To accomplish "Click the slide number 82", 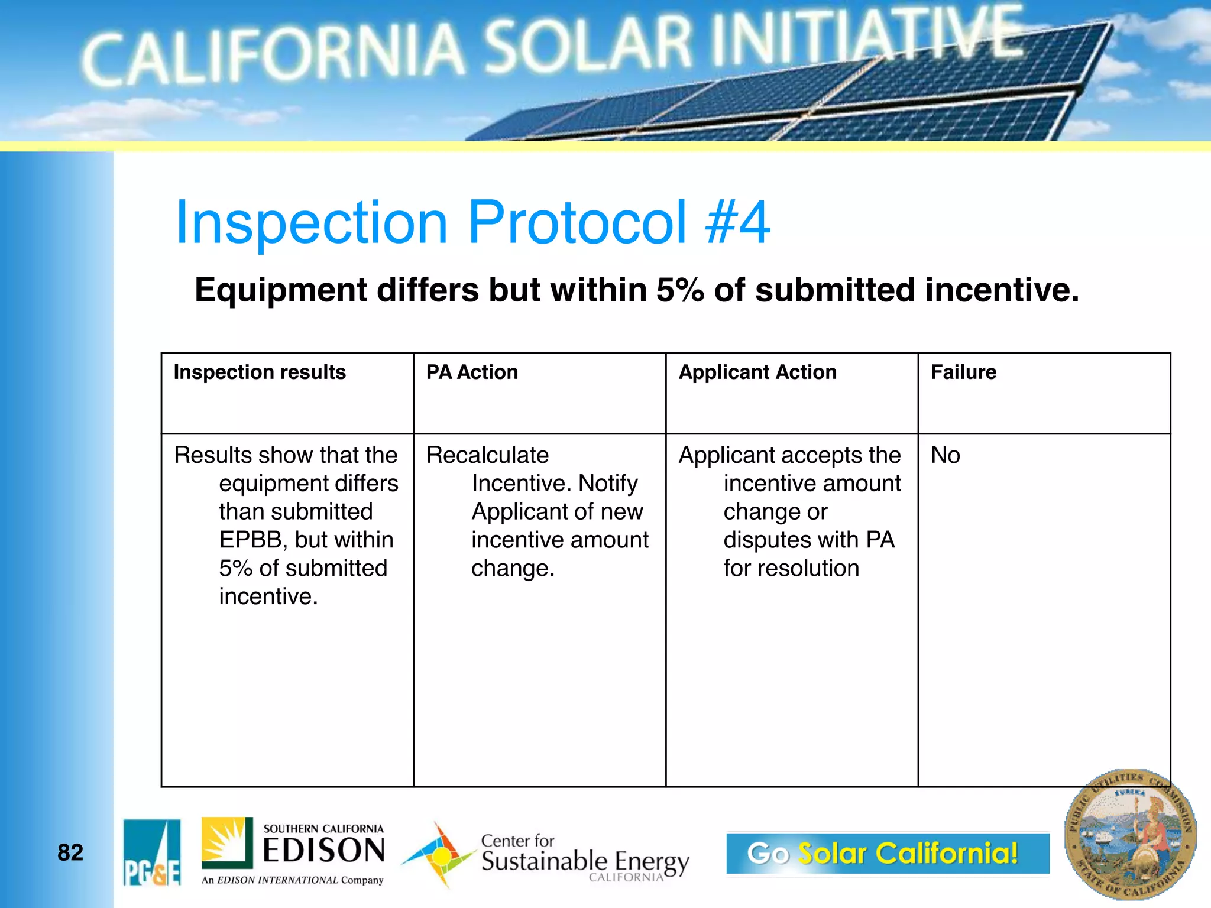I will pyautogui.click(x=70, y=852).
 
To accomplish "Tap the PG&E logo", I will pyautogui.click(x=152, y=852).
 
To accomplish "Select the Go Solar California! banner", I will pyautogui.click(x=887, y=853).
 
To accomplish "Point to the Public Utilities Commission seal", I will pyautogui.click(x=1130, y=834).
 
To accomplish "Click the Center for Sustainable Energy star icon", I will pyautogui.click(x=439, y=855).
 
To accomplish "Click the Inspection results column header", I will pyautogui.click(x=260, y=372).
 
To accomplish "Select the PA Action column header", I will pyautogui.click(x=472, y=372).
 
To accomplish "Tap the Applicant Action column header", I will pyautogui.click(x=757, y=372).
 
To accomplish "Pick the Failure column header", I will pyautogui.click(x=963, y=372).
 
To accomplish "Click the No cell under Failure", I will pyautogui.click(x=945, y=455).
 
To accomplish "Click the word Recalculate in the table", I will pyautogui.click(x=487, y=455).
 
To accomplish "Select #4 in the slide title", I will pyautogui.click(x=738, y=222).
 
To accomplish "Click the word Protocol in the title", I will pyautogui.click(x=577, y=222).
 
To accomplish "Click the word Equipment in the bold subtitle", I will pyautogui.click(x=281, y=290).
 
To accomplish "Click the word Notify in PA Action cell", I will pyautogui.click(x=608, y=484).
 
